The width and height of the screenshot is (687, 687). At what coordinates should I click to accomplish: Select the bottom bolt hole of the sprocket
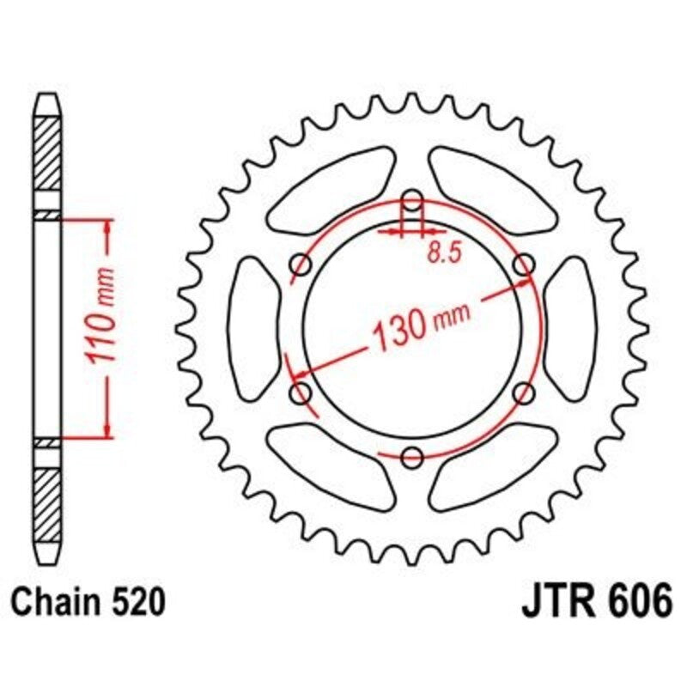[x=412, y=455]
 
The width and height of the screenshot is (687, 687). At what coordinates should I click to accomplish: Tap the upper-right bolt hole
[x=523, y=265]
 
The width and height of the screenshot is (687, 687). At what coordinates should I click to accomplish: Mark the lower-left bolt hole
[x=301, y=393]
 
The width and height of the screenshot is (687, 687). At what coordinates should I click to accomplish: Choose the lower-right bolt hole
[x=523, y=393]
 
